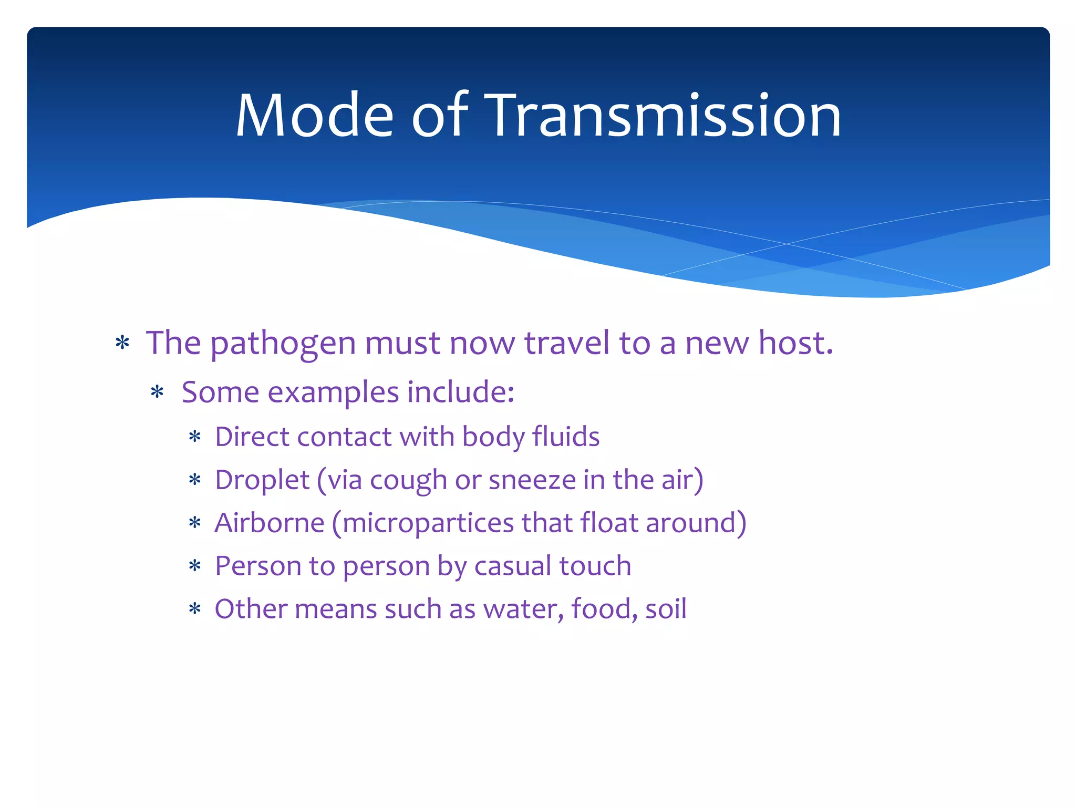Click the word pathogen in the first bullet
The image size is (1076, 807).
point(283,344)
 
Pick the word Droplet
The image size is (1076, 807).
point(262,481)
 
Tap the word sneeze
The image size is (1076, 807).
point(532,480)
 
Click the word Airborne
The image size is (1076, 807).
point(270,523)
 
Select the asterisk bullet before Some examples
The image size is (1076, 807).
point(157,393)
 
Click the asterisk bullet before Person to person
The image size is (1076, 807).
point(195,567)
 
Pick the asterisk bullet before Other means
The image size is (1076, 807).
point(195,610)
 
